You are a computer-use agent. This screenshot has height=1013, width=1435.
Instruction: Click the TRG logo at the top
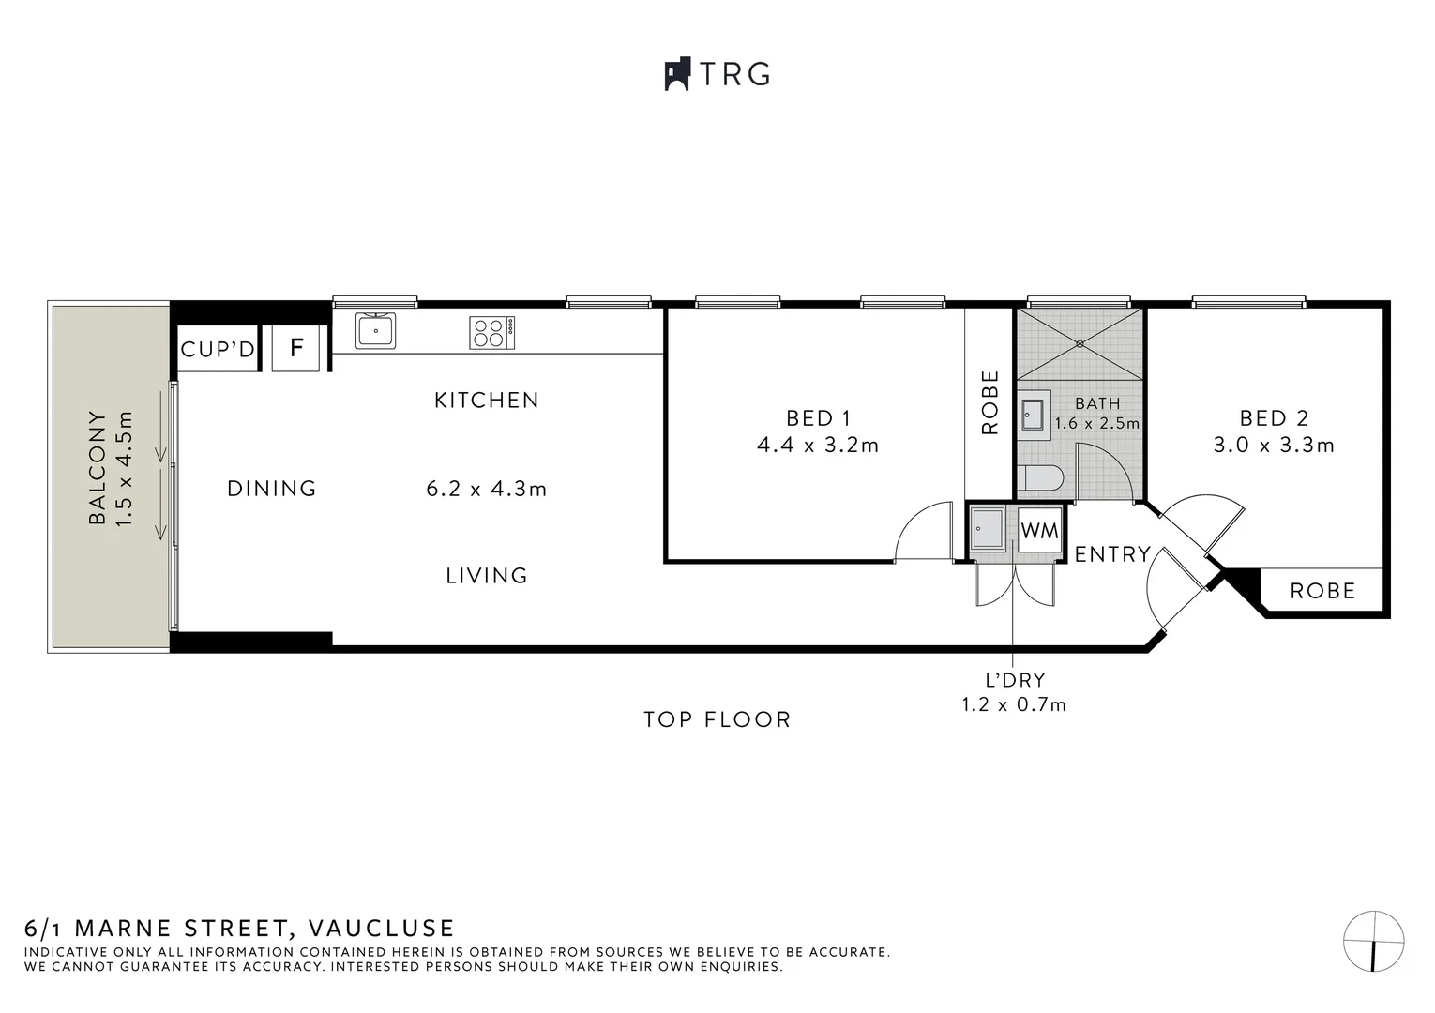tap(717, 74)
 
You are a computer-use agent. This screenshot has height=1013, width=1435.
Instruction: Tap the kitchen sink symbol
tap(375, 331)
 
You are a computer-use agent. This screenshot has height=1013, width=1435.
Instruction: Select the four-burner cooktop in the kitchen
tap(491, 332)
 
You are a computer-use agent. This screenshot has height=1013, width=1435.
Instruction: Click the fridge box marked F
tap(296, 348)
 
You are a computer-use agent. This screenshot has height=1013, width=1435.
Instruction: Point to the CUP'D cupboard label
tap(218, 349)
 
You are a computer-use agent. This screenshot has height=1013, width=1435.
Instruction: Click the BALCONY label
tap(97, 467)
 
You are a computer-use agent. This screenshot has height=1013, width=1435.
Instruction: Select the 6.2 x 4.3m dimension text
tap(486, 489)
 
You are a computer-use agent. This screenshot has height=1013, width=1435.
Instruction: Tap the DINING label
tap(272, 489)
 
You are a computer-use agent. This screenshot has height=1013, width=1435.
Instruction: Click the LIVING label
tap(487, 575)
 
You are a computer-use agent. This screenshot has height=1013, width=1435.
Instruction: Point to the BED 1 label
tap(818, 418)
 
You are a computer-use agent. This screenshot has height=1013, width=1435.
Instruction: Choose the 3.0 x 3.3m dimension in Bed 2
tap(1274, 445)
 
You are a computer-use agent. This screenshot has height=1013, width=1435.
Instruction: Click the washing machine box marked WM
tap(1039, 531)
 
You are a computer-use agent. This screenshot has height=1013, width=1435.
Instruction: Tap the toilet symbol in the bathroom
tap(1041, 479)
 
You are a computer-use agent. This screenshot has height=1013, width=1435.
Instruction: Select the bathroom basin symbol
tap(1033, 414)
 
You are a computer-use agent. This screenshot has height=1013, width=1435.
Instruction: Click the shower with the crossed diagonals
tap(1080, 344)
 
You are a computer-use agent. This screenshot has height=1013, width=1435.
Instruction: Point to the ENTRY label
tap(1112, 554)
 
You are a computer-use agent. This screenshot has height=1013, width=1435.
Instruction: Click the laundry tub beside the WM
tap(988, 528)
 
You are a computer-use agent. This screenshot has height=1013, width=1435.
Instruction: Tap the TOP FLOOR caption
tap(717, 719)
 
